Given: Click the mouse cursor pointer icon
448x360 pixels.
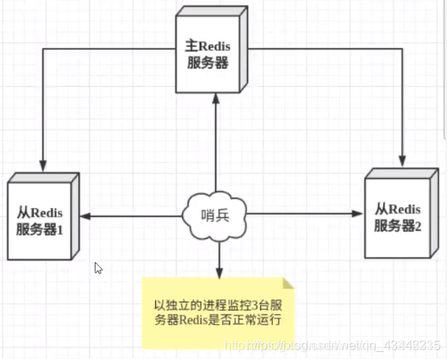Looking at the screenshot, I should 98,268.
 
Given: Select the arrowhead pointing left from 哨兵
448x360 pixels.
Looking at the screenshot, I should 83,215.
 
